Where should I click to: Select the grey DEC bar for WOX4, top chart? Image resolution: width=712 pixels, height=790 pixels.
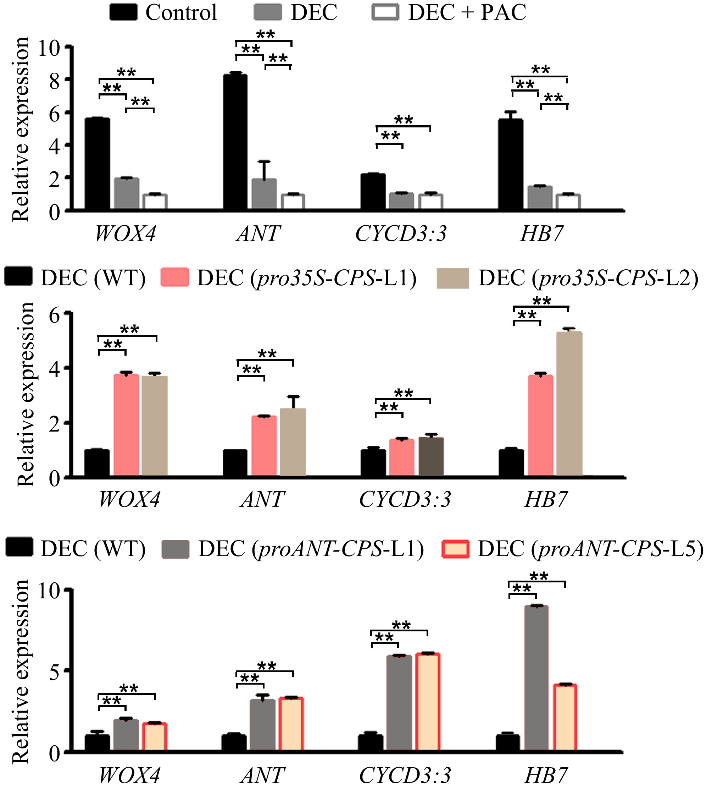pos(127,194)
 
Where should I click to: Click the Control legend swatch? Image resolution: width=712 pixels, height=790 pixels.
pos(123,12)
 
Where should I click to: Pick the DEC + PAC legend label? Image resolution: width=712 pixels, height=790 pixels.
pos(467,13)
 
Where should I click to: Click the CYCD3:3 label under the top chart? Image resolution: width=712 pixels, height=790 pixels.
pos(401,234)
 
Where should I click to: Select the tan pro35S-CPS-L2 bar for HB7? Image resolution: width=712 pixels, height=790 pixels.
pos(569,404)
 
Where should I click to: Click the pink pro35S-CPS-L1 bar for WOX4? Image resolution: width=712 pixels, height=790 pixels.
pos(126,425)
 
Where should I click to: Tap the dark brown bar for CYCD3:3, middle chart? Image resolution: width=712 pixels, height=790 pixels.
pos(431,456)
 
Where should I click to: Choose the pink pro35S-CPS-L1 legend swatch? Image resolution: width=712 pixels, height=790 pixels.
pos(174,278)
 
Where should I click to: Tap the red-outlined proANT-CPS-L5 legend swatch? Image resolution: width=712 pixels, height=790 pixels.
pos(455,549)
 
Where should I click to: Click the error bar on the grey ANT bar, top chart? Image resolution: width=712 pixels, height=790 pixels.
pos(265,170)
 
